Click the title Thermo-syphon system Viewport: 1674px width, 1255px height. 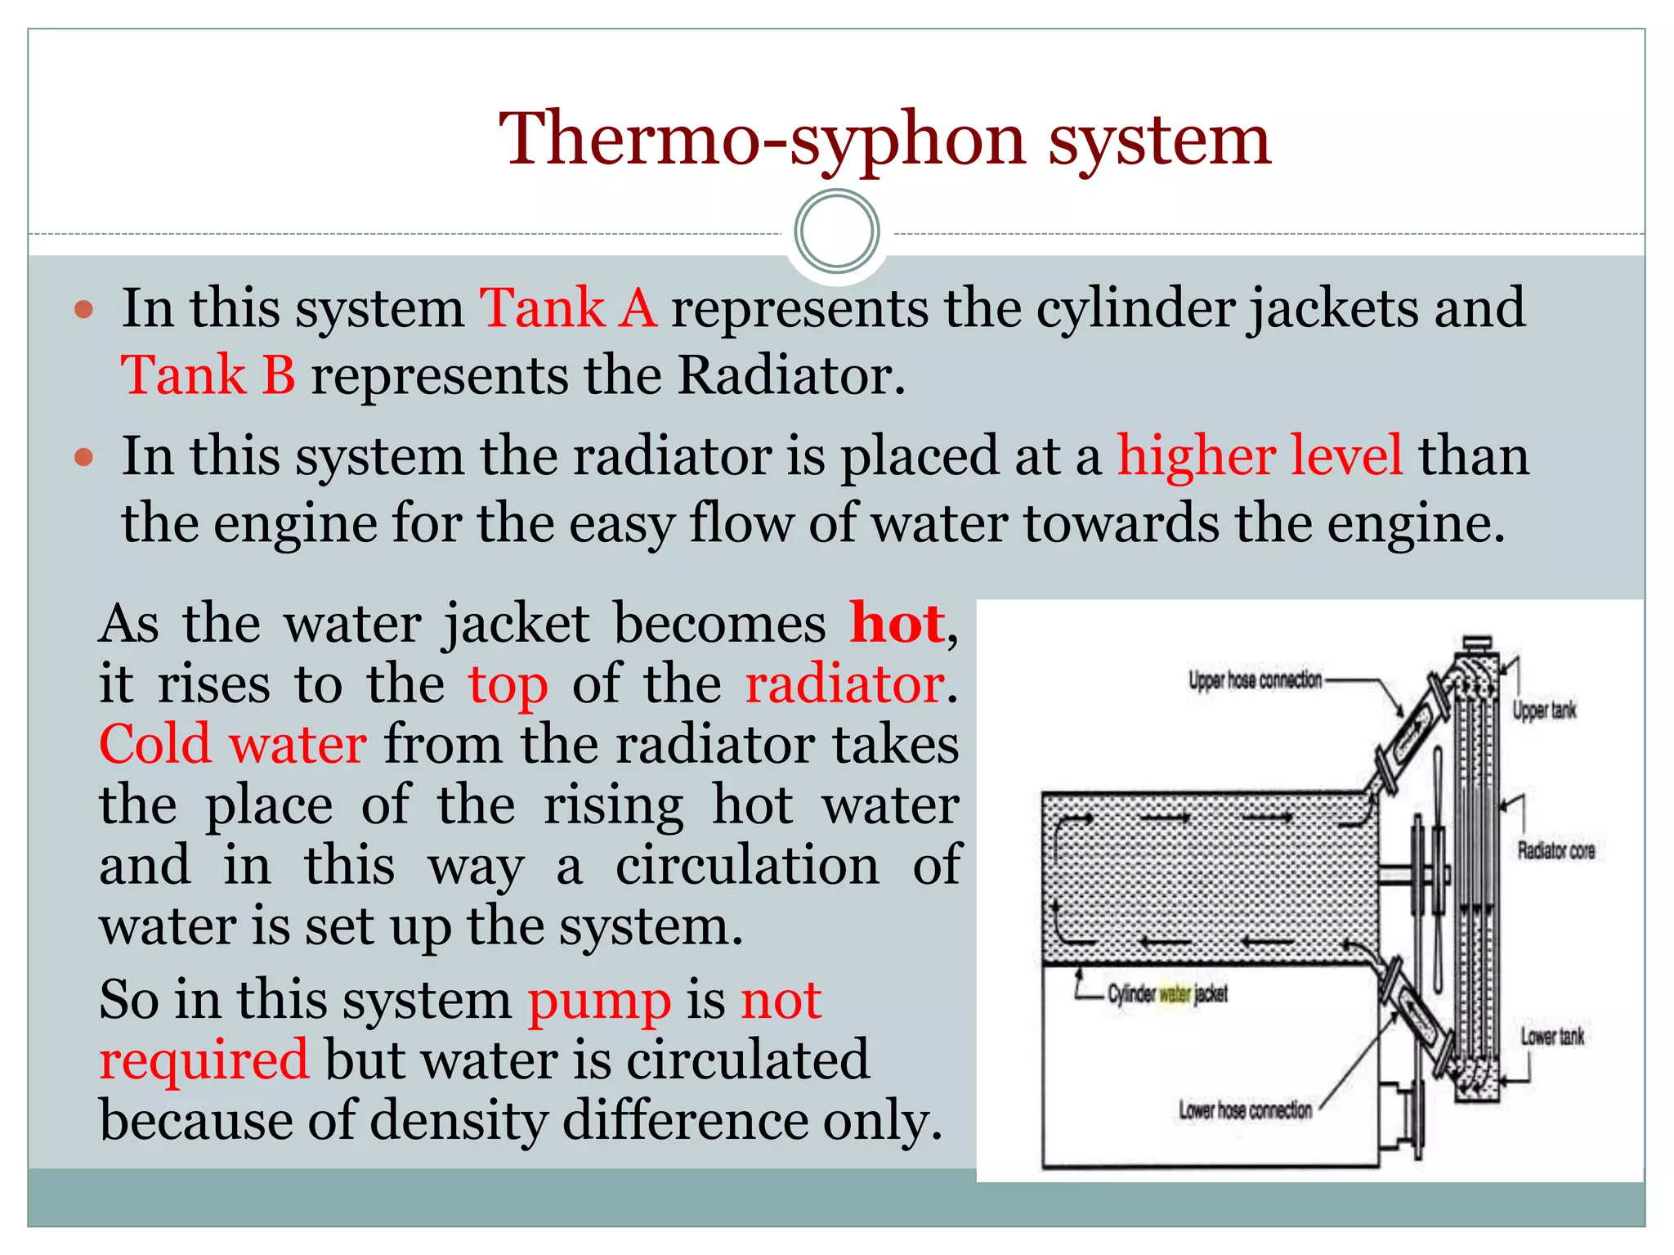point(884,139)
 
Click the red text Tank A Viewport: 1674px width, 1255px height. point(568,309)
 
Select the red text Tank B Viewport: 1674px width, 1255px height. point(208,376)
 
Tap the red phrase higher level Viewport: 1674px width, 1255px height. point(1260,456)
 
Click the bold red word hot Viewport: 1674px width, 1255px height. point(897,624)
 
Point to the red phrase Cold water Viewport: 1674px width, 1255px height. point(233,745)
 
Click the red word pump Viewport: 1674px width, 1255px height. point(599,1001)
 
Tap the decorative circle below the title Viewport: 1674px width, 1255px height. point(836,231)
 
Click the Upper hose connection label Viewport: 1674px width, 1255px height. point(1254,680)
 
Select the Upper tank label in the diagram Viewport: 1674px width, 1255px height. point(1543,710)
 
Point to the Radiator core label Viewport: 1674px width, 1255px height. point(1555,851)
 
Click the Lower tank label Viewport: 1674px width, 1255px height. point(1551,1037)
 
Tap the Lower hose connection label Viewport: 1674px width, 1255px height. point(1245,1110)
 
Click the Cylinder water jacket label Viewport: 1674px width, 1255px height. point(1167,994)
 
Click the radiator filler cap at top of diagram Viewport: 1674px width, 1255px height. point(1476,643)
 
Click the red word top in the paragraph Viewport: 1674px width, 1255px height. point(508,684)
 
